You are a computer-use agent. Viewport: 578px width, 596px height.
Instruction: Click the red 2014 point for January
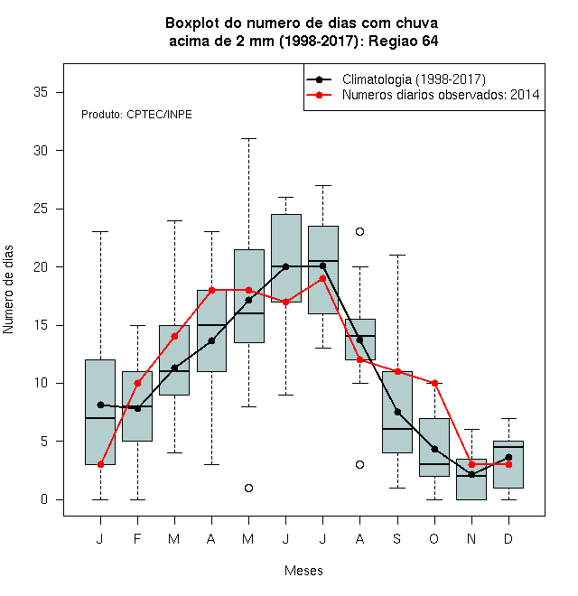(x=100, y=464)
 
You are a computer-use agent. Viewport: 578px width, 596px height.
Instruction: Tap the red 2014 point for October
(x=434, y=383)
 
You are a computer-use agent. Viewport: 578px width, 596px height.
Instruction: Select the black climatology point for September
(x=397, y=412)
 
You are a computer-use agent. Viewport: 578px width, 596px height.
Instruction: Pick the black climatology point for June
(x=286, y=266)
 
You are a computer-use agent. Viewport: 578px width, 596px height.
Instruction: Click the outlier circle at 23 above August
(x=359, y=231)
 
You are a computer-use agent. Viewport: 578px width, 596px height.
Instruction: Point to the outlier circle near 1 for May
(x=248, y=488)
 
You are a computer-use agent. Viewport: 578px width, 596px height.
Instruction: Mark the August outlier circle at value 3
(x=359, y=464)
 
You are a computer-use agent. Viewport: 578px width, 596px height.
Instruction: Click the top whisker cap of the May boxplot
(x=248, y=139)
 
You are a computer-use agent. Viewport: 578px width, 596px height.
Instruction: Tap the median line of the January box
(x=100, y=418)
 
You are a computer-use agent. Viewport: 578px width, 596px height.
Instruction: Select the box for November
(x=471, y=480)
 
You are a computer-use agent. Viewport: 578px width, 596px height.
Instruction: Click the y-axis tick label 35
(x=41, y=92)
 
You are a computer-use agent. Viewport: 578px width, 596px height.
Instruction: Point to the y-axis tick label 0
(x=44, y=499)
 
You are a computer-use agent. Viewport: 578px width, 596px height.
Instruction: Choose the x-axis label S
(x=397, y=539)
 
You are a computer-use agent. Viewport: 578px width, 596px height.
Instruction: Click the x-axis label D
(x=508, y=539)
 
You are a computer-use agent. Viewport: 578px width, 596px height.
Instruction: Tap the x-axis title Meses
(x=303, y=571)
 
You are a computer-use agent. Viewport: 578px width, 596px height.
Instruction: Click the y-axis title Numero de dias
(x=8, y=290)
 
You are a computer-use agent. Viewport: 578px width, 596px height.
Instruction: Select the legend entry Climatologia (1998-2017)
(x=414, y=79)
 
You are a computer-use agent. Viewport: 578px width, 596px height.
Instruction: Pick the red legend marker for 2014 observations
(x=319, y=95)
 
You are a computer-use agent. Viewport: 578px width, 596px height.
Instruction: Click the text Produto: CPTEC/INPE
(x=136, y=115)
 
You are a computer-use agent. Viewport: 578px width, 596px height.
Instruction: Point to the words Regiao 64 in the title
(x=404, y=41)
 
